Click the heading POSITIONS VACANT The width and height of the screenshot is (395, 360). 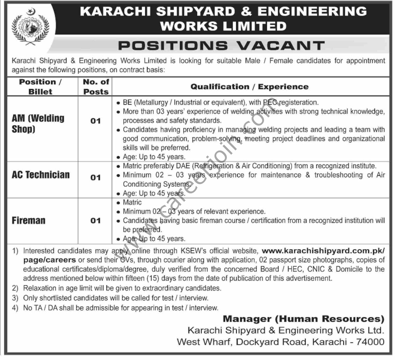click(222, 45)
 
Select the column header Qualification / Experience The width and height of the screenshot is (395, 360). click(250, 87)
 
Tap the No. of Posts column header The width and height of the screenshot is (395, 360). click(96, 87)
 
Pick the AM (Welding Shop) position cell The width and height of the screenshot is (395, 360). click(38, 123)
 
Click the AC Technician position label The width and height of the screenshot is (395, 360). click(41, 175)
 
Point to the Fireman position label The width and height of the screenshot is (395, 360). click(29, 220)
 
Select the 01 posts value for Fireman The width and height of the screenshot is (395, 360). click(95, 220)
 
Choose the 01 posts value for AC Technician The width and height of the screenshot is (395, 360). click(95, 178)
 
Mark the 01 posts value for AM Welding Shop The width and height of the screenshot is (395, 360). click(95, 121)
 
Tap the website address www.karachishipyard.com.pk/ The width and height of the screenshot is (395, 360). click(324, 251)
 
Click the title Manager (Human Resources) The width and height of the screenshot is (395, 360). click(303, 318)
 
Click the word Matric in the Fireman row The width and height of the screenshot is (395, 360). click(132, 202)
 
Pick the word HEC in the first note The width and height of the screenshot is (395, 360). click(296, 269)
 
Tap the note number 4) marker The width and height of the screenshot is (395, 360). click(15, 308)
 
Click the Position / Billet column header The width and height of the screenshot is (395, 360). click(40, 87)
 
